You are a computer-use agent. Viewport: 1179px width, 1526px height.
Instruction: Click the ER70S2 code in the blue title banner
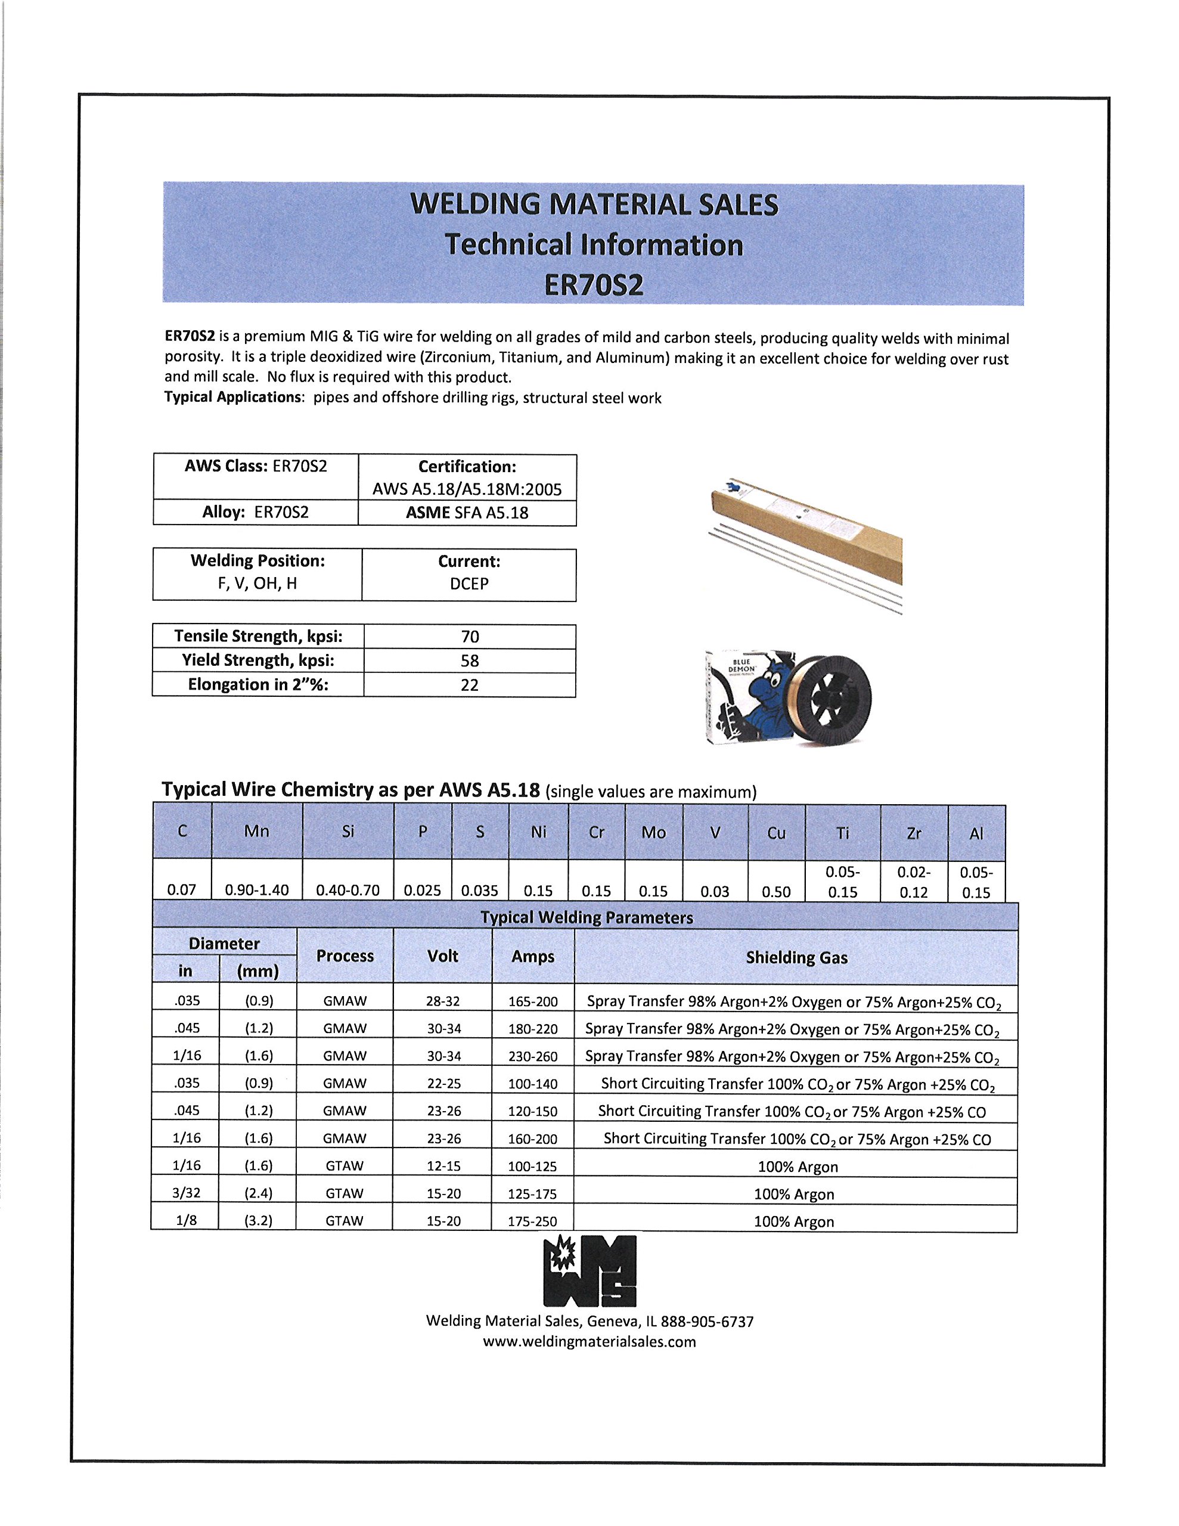(x=593, y=284)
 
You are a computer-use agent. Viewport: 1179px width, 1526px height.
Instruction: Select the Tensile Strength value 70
(x=470, y=637)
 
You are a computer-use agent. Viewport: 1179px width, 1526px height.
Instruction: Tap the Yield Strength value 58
(x=470, y=660)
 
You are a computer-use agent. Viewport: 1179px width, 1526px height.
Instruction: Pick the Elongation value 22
(x=470, y=685)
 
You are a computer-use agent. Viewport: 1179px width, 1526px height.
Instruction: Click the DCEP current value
(x=469, y=584)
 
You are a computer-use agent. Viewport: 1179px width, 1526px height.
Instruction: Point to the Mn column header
(x=256, y=831)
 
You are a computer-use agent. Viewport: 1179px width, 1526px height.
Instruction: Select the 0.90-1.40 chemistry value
(x=256, y=889)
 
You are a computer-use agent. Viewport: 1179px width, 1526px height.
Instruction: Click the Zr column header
(x=913, y=833)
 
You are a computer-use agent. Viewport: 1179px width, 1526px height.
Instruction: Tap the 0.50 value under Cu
(x=775, y=892)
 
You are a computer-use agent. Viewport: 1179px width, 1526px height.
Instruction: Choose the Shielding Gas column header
(x=796, y=957)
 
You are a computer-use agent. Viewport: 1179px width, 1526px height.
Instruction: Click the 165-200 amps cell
(x=532, y=1001)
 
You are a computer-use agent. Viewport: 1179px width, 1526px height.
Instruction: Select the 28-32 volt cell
(x=442, y=1001)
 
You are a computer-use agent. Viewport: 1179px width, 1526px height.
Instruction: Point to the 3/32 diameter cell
(x=186, y=1193)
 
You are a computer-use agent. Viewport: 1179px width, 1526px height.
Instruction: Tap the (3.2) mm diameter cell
(x=258, y=1220)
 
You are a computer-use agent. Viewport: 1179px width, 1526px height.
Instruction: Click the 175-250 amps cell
(x=532, y=1221)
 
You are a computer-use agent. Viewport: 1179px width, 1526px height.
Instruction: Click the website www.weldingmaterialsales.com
(x=589, y=1342)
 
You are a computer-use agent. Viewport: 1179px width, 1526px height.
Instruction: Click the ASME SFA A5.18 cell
(x=467, y=512)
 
